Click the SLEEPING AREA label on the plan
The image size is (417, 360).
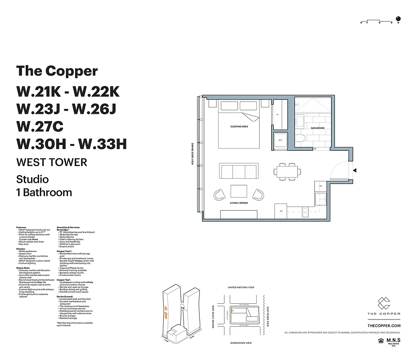coord(239,127)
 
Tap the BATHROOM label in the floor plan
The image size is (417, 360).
coord(317,128)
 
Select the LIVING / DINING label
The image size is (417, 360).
coord(238,203)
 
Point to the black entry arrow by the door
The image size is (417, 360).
coord(355,171)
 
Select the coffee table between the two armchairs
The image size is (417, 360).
coord(238,192)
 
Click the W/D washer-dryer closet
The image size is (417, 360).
coord(281,140)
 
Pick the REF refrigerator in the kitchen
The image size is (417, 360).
coord(281,211)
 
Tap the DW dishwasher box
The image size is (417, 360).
coord(320,185)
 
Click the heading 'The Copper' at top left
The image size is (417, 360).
coord(57,71)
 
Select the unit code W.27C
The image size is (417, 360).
coord(40,126)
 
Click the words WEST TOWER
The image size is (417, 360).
coord(51,162)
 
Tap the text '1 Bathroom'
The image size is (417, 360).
coord(44,193)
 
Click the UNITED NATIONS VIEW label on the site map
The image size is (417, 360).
coord(241,287)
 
